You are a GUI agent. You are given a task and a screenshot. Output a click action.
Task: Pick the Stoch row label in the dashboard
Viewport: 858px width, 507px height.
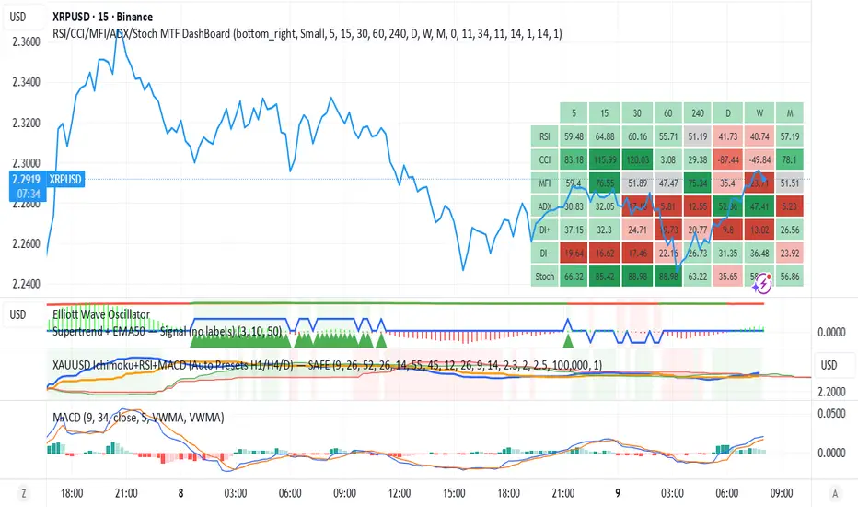546,274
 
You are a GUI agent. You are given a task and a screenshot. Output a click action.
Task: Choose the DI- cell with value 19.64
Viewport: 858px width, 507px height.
575,251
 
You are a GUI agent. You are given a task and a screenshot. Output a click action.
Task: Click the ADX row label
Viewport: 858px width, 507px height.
546,206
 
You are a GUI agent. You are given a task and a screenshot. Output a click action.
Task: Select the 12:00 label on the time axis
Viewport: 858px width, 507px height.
398,492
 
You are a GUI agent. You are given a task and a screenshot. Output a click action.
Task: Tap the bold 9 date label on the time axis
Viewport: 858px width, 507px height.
620,492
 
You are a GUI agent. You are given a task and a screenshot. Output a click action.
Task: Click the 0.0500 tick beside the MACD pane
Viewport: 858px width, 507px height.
835,413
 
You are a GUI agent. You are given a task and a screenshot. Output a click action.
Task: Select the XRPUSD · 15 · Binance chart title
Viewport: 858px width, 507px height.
103,17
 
